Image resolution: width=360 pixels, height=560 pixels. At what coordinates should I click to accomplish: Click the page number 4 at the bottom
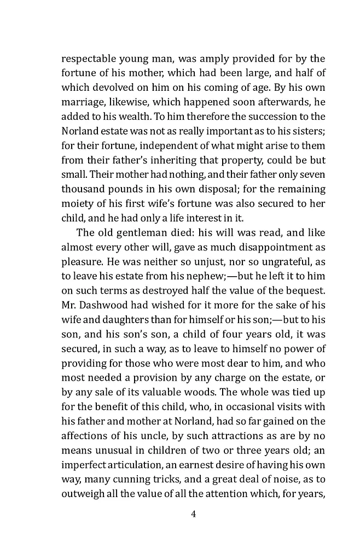[x=193, y=514]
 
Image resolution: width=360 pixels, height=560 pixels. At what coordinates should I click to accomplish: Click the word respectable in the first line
[x=87, y=59]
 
